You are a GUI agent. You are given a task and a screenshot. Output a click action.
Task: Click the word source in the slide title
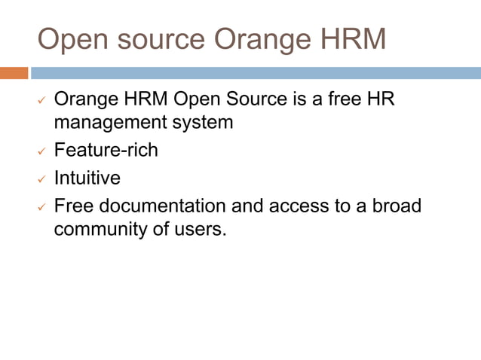click(x=155, y=40)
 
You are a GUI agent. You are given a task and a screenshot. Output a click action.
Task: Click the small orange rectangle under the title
click(x=14, y=73)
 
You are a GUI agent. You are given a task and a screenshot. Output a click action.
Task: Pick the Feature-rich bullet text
click(x=106, y=150)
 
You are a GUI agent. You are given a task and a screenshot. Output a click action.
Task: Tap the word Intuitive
click(x=87, y=178)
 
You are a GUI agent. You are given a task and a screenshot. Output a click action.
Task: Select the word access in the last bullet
click(x=296, y=206)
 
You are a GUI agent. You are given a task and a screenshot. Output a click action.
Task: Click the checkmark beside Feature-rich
click(x=42, y=151)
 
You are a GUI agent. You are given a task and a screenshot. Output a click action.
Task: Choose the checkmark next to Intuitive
click(x=42, y=179)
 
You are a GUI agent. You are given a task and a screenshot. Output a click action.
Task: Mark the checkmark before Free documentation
click(x=42, y=207)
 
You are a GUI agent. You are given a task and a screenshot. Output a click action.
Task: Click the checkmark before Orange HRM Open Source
click(x=42, y=100)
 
